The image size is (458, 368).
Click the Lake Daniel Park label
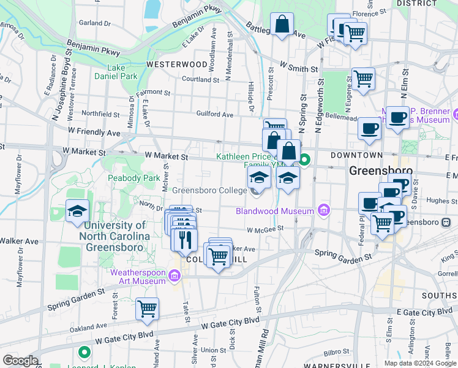tap(116, 72)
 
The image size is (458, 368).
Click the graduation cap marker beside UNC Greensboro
tap(78, 212)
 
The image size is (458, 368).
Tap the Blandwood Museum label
tap(276, 211)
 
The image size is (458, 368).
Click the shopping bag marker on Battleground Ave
tap(282, 26)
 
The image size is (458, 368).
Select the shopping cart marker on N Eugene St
tap(364, 80)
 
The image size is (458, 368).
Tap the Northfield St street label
tap(100, 113)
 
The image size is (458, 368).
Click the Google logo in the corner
tap(20, 361)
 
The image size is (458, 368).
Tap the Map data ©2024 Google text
tap(420, 363)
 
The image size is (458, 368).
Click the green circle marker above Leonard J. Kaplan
tap(84, 353)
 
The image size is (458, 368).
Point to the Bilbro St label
tap(336, 353)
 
